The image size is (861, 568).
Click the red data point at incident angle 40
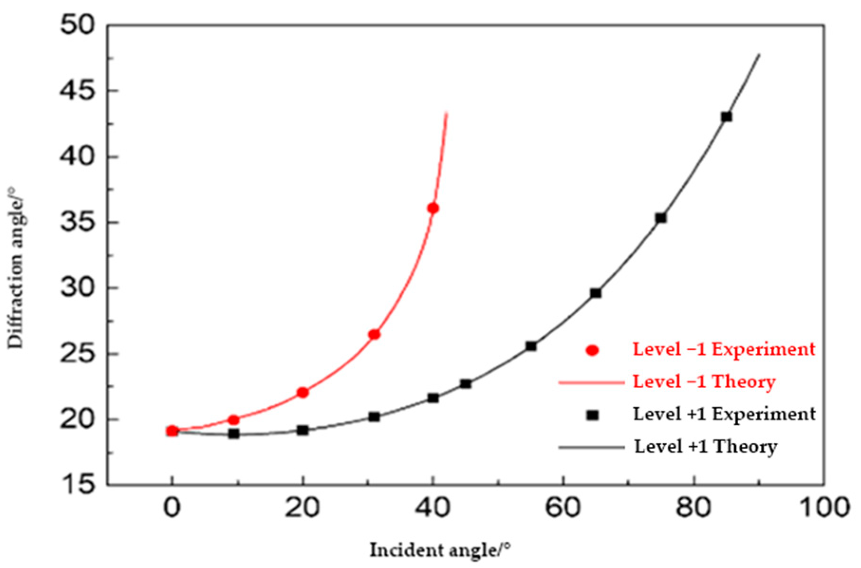point(433,208)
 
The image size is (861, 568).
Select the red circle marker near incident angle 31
point(374,335)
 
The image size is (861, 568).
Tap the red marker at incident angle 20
point(303,392)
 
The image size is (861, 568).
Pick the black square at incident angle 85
point(726,117)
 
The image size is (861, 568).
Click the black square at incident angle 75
point(661,218)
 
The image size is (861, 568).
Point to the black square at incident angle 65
point(596,293)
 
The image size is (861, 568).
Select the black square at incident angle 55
point(531,346)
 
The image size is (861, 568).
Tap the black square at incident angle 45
point(465,383)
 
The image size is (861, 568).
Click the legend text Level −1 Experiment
point(723,349)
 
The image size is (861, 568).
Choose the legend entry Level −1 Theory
point(704,382)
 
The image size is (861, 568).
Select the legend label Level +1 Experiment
point(724,414)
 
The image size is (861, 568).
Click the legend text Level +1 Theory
point(706,447)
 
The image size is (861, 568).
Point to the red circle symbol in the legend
point(593,350)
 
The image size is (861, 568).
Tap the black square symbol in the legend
point(593,415)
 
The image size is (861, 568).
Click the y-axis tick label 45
point(77,91)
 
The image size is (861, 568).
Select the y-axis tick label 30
point(77,288)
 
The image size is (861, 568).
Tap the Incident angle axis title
point(441,550)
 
